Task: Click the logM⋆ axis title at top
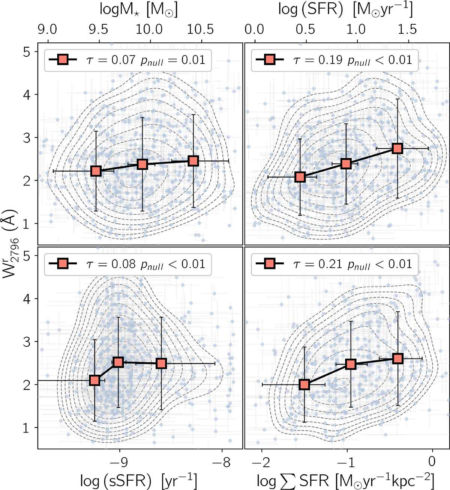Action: [138, 10]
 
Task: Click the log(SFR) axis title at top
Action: [345, 10]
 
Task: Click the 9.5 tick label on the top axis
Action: [99, 30]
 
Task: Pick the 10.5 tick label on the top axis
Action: [201, 30]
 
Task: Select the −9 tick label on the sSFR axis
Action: [119, 462]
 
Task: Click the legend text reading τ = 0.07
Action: [111, 60]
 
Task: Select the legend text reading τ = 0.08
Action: [111, 264]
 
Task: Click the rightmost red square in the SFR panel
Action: [397, 149]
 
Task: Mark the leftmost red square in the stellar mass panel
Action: [96, 171]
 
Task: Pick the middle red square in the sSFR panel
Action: [118, 362]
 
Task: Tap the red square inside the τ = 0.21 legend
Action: [270, 264]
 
